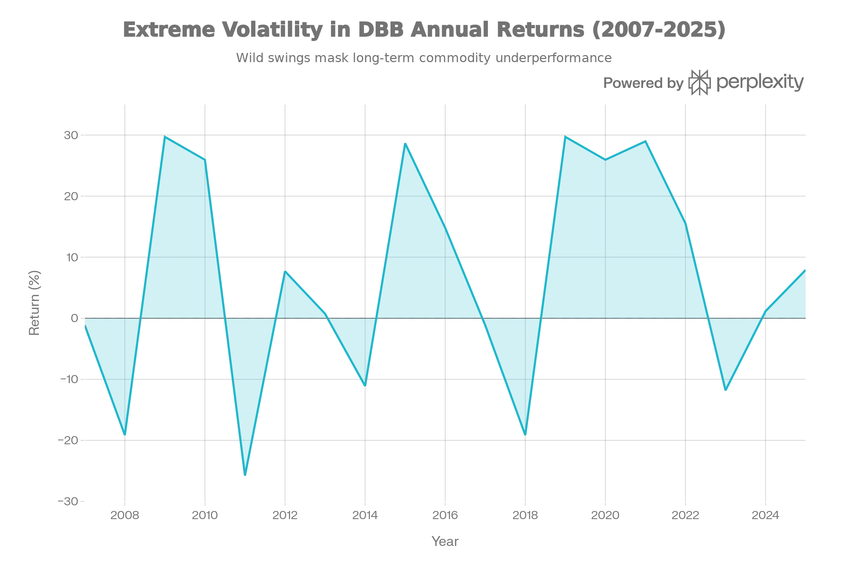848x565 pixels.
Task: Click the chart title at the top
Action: coord(424,30)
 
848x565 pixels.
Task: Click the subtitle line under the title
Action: coord(424,57)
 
